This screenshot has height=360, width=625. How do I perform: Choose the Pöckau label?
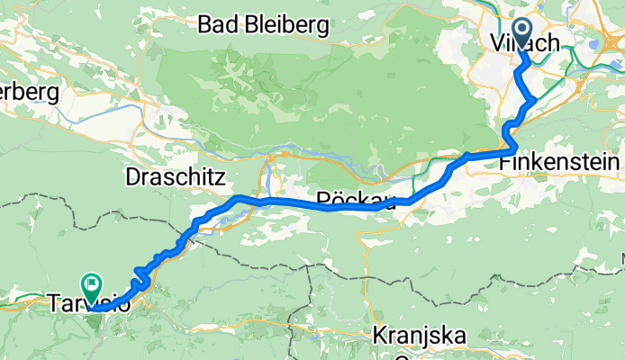click(x=357, y=200)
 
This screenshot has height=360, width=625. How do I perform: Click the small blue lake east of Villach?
click(x=594, y=42)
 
